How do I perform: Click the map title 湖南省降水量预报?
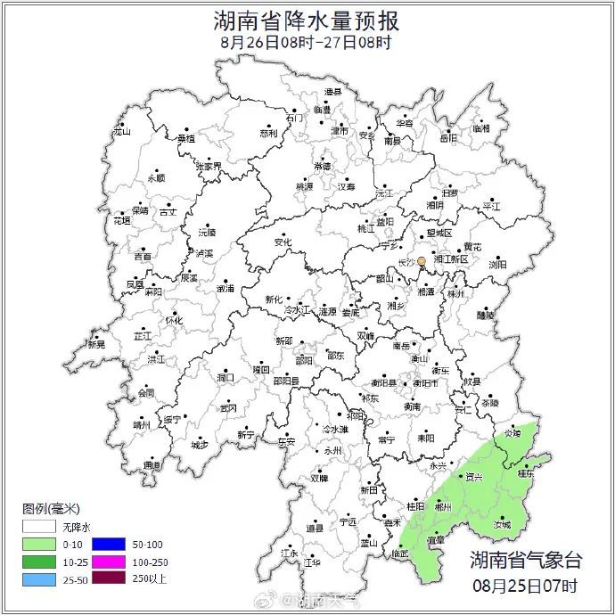point(307,20)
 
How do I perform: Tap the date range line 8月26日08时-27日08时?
point(306,43)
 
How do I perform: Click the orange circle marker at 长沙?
point(422,261)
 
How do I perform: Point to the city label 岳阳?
point(447,138)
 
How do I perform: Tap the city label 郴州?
point(442,505)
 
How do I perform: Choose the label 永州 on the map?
point(332,451)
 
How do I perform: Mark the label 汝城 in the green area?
point(503,525)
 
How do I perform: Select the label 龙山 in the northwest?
point(121,132)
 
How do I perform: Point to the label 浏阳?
point(496,264)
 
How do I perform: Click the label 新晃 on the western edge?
point(95,344)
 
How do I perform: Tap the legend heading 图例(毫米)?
point(50,508)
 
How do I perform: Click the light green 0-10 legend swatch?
point(40,544)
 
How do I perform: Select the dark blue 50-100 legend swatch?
point(116,544)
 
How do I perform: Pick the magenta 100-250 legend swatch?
point(116,562)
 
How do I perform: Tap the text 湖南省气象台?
point(526,561)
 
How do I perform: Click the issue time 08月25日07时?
point(526,586)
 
